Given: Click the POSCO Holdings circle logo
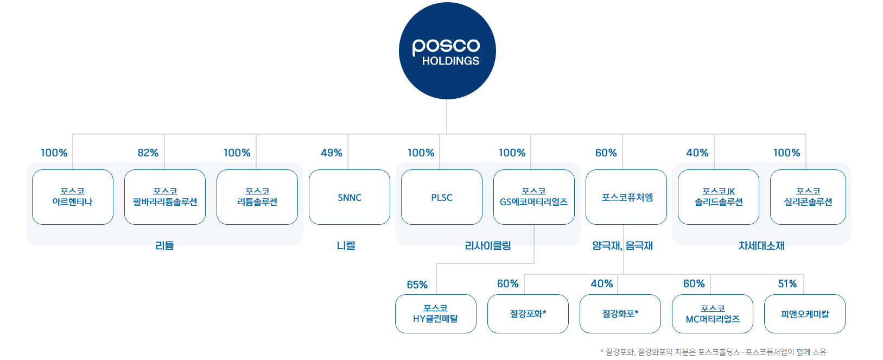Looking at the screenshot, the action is [x=447, y=51].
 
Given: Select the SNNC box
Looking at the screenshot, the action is [x=350, y=197].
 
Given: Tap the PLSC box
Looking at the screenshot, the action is [x=442, y=197].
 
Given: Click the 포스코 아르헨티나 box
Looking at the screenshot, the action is [x=73, y=197].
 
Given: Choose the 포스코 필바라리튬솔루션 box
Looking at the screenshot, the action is [x=165, y=197].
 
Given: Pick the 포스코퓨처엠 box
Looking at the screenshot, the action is [x=626, y=197].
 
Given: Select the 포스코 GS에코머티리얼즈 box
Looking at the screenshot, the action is [x=533, y=197].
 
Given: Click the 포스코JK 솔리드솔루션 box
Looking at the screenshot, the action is [x=718, y=197].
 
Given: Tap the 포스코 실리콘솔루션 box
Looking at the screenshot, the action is [x=808, y=197].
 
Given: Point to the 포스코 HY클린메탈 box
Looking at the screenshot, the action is [x=436, y=314].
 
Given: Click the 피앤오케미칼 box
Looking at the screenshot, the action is [x=804, y=314].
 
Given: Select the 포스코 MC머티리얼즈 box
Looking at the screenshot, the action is [x=712, y=314].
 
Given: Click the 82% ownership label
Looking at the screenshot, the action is [x=148, y=153].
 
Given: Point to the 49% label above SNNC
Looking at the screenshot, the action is [x=332, y=153].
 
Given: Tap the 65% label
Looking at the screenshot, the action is [x=417, y=285].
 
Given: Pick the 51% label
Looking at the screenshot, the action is [x=787, y=283].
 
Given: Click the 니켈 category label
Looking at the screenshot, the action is [x=346, y=245].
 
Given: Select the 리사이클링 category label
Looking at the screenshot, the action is [x=488, y=245].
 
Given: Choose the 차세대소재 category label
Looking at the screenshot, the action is [x=761, y=245].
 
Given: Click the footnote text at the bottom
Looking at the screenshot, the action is [x=713, y=352].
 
